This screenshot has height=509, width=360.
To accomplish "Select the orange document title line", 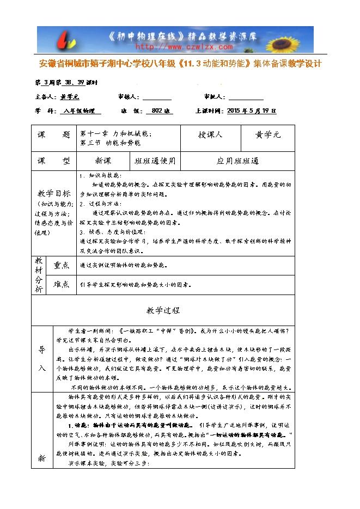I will point(181,64).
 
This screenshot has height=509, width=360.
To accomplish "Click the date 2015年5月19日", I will point(251,111).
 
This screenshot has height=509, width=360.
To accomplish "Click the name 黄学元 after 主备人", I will point(70,97).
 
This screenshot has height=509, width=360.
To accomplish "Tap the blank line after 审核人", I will point(157,97).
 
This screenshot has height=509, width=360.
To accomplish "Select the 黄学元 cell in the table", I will point(267,135).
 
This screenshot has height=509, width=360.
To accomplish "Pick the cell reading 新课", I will point(103,161).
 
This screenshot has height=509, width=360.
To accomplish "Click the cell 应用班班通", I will point(237,161).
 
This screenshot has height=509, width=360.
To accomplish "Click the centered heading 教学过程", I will point(163,310).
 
